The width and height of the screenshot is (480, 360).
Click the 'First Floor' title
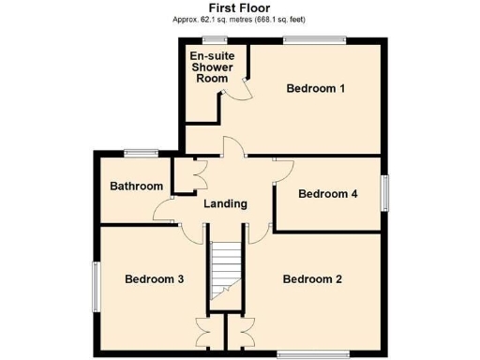(x=239, y=7)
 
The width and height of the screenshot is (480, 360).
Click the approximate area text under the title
(x=239, y=19)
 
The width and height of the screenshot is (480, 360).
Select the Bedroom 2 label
(x=312, y=279)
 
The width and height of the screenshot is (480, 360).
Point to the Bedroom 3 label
(x=154, y=279)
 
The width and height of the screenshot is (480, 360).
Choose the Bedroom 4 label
(x=327, y=195)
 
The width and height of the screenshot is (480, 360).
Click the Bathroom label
(x=136, y=186)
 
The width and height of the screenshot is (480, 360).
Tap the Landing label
(x=225, y=203)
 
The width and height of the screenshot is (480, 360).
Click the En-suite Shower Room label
(x=211, y=67)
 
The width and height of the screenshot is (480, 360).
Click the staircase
(x=225, y=272)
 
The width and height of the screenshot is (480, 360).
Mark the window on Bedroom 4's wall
(x=382, y=192)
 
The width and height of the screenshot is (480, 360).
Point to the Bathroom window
(x=142, y=152)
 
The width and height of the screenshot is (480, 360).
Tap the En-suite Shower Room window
(x=215, y=39)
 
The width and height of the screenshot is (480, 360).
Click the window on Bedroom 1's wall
(x=314, y=39)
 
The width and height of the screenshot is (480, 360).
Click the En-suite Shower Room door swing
(x=242, y=87)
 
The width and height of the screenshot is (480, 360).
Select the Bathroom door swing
(x=163, y=211)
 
